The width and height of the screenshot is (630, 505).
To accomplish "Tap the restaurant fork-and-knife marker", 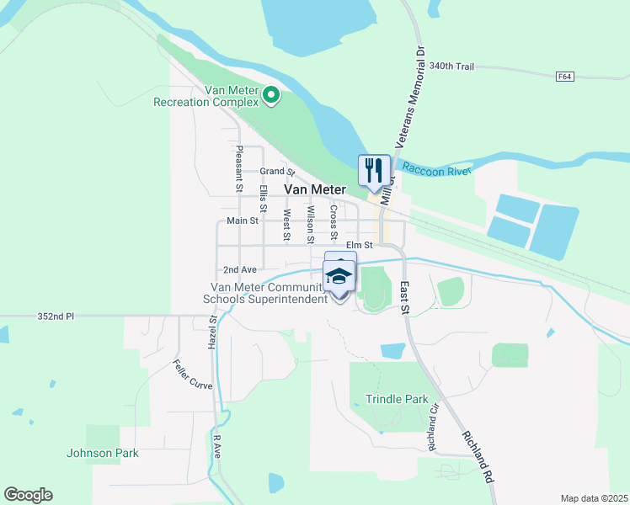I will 374,170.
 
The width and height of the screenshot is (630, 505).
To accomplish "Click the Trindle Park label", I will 397,399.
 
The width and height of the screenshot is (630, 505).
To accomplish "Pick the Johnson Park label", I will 103,453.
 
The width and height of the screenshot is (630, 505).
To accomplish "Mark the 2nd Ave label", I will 240,269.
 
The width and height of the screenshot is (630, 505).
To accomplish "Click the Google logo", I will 28,495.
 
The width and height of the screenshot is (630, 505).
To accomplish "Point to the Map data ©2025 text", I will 594,498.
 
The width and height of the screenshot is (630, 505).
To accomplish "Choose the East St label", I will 405,297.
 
